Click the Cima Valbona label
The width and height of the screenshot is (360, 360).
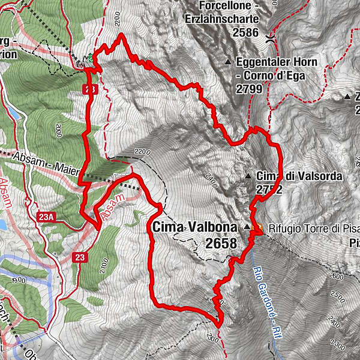195,227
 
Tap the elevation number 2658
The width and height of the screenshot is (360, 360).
221,242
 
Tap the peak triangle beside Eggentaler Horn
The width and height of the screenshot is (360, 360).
229,62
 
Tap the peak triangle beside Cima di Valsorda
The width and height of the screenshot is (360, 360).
248,176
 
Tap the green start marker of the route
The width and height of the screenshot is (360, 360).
91,59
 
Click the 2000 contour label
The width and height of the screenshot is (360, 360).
58,128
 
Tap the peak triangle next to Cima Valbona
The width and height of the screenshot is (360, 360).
247,227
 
